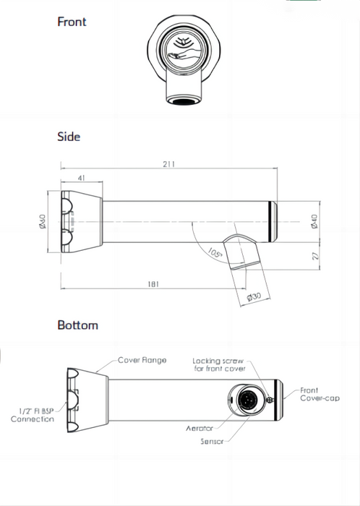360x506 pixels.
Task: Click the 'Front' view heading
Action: (x=72, y=22)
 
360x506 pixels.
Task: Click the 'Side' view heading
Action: (x=69, y=137)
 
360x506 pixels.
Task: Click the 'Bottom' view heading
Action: (x=77, y=325)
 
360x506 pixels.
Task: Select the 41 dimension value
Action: (x=80, y=177)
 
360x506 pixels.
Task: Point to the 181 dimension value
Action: (x=153, y=285)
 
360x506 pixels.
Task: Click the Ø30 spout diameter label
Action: (x=252, y=297)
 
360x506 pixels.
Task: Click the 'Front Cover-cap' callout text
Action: (x=320, y=395)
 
